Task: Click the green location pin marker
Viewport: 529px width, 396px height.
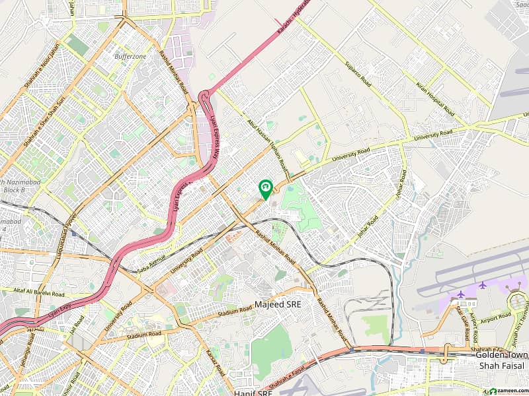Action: click(x=265, y=189)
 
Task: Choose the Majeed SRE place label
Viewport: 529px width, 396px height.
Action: click(x=278, y=306)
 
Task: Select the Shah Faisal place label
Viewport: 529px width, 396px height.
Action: click(x=502, y=366)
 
